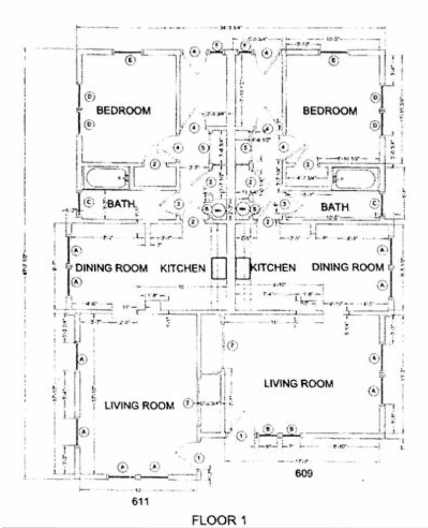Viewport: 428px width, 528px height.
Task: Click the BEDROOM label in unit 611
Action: click(x=124, y=110)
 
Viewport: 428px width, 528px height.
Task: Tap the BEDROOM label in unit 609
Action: click(x=329, y=110)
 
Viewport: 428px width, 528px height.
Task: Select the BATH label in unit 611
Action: click(x=121, y=204)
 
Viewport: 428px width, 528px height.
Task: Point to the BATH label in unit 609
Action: click(x=335, y=207)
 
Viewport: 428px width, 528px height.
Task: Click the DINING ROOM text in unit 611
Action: click(x=112, y=268)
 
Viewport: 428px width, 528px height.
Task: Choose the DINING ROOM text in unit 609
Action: click(x=347, y=267)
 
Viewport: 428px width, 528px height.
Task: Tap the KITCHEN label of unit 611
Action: click(x=183, y=268)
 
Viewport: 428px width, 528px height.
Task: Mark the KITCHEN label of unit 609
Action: click(x=273, y=267)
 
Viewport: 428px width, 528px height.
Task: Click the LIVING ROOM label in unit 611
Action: click(x=140, y=405)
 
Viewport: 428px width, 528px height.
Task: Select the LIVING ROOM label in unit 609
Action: click(x=299, y=383)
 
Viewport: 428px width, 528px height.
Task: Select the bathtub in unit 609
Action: click(x=355, y=179)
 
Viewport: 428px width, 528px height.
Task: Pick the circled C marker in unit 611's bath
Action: click(x=87, y=203)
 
